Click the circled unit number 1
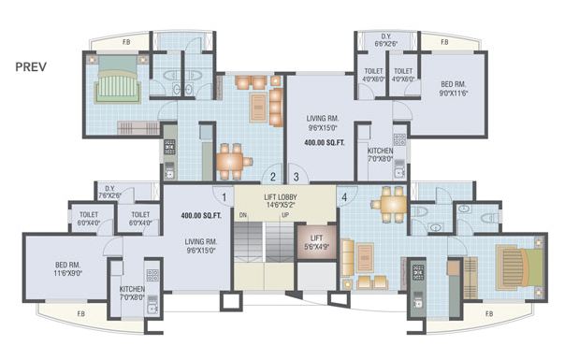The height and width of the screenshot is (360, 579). [224, 196]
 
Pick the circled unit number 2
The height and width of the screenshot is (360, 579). [272, 175]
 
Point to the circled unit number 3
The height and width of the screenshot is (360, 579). [295, 175]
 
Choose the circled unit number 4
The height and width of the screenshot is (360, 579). [343, 197]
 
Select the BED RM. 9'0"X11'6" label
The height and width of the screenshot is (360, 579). [453, 88]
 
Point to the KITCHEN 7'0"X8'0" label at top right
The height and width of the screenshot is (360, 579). [380, 154]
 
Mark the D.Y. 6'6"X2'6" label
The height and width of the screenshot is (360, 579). [386, 39]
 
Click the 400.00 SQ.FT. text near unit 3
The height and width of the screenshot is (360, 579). [325, 142]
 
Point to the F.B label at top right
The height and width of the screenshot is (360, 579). [443, 42]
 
